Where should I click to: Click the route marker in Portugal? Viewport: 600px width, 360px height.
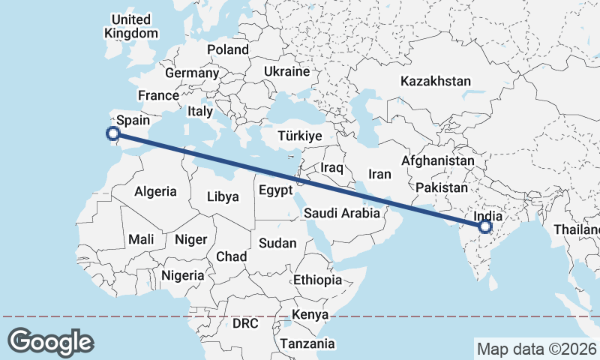(112, 134)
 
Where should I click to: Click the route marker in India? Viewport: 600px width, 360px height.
(484, 226)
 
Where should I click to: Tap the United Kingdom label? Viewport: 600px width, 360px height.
(131, 26)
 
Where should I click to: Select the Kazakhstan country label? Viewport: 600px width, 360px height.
(436, 81)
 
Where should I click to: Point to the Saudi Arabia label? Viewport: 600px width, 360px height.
(347, 213)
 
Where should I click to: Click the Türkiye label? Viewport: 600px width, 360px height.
(299, 136)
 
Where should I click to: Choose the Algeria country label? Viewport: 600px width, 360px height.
(155, 191)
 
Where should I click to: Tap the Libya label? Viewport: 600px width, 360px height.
(223, 197)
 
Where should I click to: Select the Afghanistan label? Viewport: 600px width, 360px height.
(438, 160)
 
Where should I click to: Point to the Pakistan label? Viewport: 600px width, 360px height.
(441, 187)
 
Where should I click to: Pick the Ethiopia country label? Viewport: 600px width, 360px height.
(318, 280)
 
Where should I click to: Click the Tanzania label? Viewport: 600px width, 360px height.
(307, 344)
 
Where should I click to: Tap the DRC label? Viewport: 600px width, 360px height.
(245, 324)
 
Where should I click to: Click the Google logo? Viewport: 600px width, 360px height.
(50, 341)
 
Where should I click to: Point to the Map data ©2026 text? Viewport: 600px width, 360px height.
(536, 349)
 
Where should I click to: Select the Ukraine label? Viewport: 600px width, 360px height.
(286, 72)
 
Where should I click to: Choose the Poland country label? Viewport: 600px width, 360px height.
(228, 49)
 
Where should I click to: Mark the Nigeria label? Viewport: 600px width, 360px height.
(182, 275)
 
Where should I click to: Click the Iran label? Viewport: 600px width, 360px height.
(380, 174)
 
